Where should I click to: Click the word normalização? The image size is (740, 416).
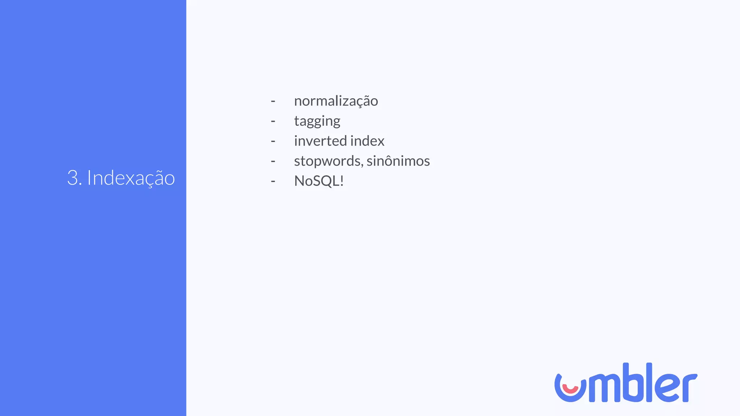(x=336, y=101)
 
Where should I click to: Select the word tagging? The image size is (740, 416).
(x=317, y=121)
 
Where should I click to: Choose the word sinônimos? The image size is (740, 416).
(x=398, y=161)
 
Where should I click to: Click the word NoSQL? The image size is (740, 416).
(x=318, y=181)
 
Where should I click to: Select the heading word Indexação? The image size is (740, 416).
(x=131, y=178)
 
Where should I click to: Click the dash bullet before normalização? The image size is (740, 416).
(x=273, y=101)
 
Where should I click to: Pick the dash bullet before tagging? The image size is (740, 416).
(x=273, y=121)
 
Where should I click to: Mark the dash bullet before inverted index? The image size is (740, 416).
(x=273, y=141)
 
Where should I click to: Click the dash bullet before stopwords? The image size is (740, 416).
(x=273, y=161)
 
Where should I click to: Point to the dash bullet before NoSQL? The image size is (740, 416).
(x=273, y=181)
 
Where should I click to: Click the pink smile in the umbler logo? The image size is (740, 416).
(x=571, y=390)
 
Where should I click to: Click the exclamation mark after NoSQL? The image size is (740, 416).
(x=341, y=181)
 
